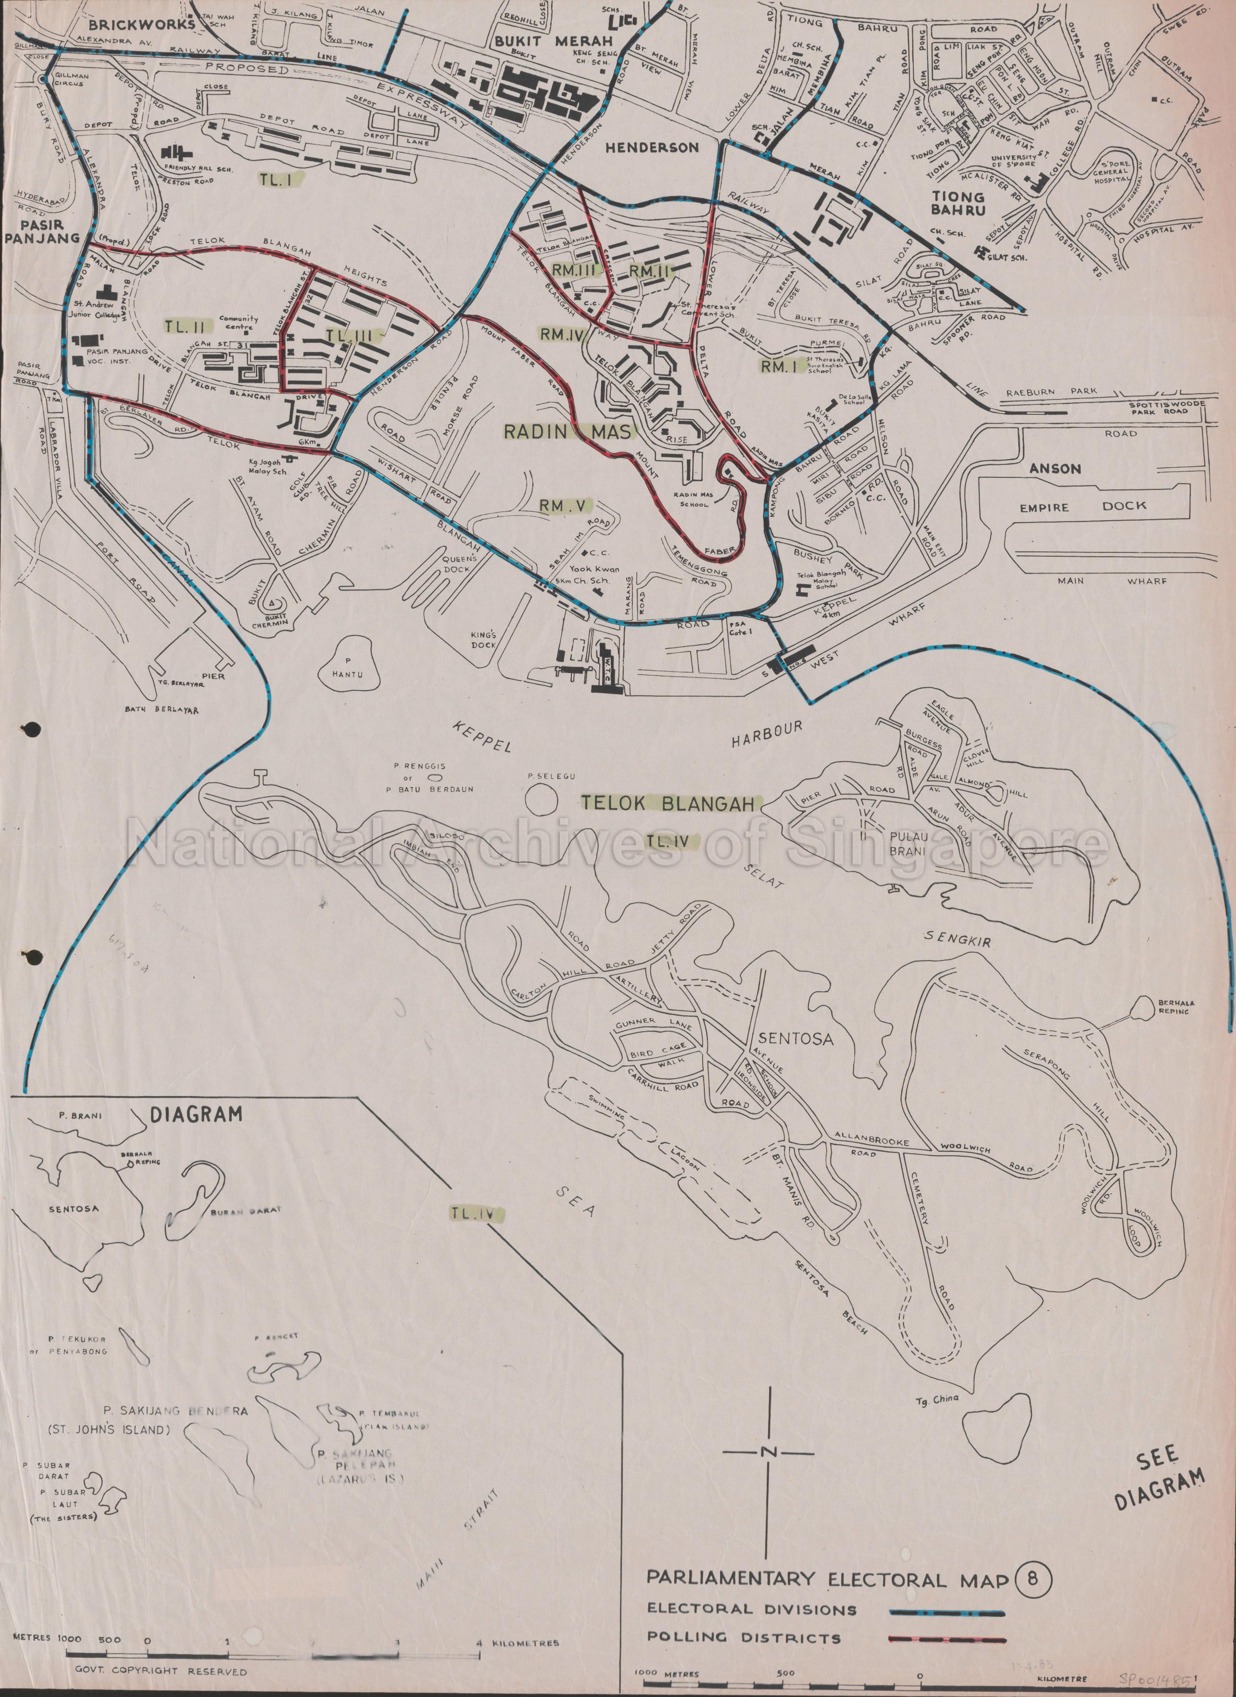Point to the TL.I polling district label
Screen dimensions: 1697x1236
[280, 179]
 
